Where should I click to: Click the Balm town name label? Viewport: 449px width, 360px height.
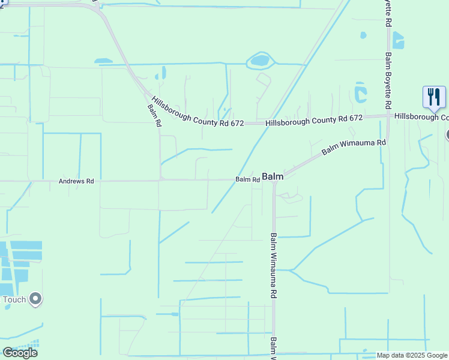[273, 177]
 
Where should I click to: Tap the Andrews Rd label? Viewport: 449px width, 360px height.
[76, 181]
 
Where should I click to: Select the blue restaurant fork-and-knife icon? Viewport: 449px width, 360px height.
[434, 97]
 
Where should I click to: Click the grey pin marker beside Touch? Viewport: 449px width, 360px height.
[35, 298]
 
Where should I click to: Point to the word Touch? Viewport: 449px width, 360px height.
[14, 299]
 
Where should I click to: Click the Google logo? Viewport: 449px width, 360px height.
[20, 352]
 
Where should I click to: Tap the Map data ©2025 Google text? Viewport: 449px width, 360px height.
[412, 355]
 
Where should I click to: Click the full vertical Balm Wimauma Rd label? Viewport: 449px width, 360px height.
[273, 266]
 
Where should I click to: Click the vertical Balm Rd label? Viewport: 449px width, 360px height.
[155, 115]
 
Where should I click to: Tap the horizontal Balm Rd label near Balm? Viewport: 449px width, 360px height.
[247, 179]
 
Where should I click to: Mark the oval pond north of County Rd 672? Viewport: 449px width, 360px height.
[260, 60]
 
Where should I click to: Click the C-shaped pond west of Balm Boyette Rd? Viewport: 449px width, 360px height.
[360, 92]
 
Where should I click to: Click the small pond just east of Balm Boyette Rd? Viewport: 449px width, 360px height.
[398, 40]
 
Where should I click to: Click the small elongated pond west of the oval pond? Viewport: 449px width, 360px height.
[103, 61]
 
